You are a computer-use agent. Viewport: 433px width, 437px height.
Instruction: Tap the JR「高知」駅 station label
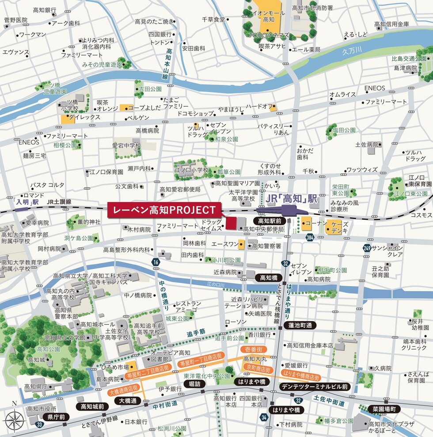292,199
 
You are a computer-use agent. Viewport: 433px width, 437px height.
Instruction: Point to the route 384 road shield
310,238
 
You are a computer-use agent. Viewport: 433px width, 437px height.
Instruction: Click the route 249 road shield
366,249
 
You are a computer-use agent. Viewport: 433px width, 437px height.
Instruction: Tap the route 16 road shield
156,262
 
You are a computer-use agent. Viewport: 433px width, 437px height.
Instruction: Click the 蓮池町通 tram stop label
300,325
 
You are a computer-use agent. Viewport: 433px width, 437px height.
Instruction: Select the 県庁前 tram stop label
56,417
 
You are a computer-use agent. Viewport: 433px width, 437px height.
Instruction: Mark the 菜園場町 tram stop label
386,409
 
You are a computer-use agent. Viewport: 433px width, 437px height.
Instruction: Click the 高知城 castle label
36,360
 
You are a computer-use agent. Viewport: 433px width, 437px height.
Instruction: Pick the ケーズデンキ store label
339,228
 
